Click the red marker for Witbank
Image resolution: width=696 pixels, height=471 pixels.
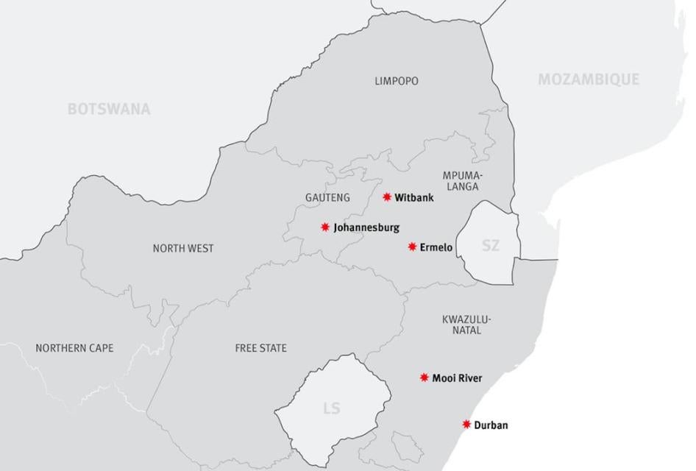[387, 197]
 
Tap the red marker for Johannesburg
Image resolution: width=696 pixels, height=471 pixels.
[325, 227]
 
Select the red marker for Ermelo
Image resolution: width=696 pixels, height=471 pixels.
[412, 247]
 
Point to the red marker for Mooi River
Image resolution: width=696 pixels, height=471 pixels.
[425, 378]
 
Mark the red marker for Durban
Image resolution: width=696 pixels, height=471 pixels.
[466, 424]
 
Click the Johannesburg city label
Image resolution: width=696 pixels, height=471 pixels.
[366, 228]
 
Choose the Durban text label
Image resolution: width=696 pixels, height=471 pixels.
[491, 425]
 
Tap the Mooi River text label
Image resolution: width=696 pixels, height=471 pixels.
[457, 378]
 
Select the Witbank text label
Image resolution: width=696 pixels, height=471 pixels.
[414, 198]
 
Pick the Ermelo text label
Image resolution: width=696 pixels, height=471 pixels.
[436, 247]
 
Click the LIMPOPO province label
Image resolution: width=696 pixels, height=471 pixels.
[396, 81]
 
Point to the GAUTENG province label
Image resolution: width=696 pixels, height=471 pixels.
[327, 198]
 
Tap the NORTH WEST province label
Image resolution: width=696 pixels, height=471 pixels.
[183, 248]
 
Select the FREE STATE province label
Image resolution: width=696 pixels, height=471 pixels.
[261, 348]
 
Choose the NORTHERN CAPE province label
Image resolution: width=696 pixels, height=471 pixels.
[74, 348]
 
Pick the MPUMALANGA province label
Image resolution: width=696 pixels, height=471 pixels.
[461, 181]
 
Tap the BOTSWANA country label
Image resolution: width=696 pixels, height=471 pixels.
[109, 109]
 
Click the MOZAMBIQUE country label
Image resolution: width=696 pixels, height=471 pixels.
[588, 79]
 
